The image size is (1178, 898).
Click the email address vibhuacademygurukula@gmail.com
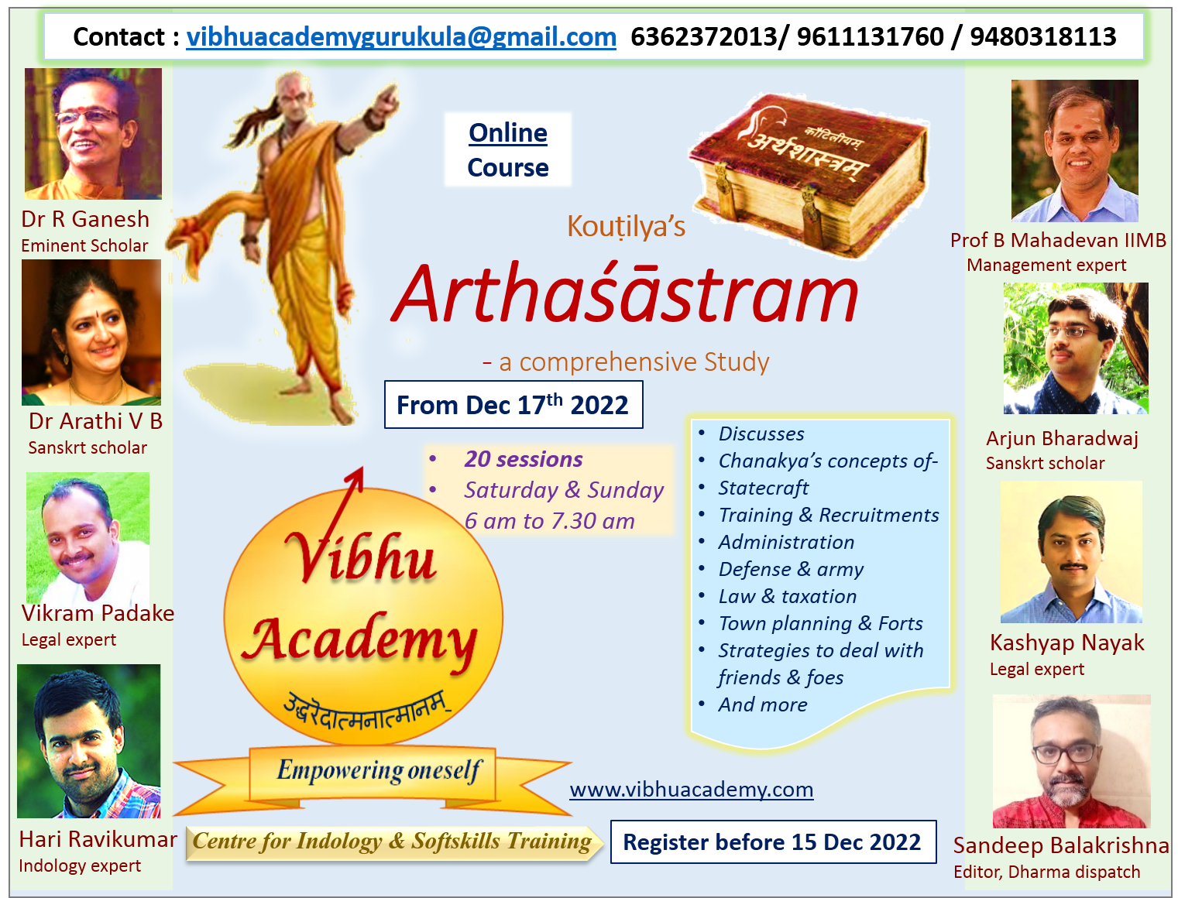tap(401, 37)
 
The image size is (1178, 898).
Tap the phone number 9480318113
tap(1042, 36)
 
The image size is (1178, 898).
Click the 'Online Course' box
tap(508, 149)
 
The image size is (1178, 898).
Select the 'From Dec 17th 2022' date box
tap(513, 404)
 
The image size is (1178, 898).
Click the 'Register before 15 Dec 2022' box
tap(774, 841)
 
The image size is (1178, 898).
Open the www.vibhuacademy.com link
tap(692, 790)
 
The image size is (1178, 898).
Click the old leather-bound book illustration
tap(809, 174)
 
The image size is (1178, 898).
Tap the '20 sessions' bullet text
tap(524, 459)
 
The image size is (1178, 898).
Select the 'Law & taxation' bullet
tap(788, 596)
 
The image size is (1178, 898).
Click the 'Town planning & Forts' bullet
tap(821, 623)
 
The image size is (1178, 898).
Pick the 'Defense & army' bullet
tap(791, 569)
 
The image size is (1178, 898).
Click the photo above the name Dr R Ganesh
tap(94, 134)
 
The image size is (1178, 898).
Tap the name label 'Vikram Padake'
tap(98, 613)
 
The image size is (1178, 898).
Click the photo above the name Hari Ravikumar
tap(88, 741)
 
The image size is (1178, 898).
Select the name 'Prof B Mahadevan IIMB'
tap(1058, 240)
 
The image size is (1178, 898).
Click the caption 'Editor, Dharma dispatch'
tap(1046, 872)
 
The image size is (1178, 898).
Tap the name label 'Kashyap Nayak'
tap(1067, 643)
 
